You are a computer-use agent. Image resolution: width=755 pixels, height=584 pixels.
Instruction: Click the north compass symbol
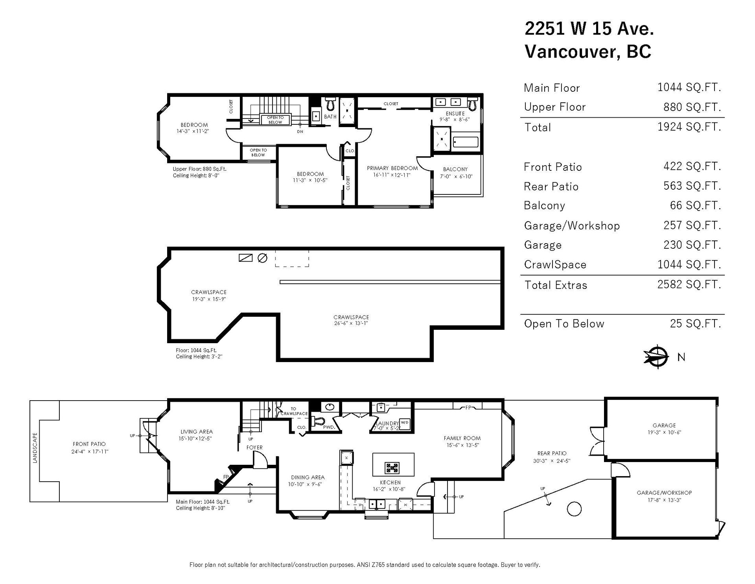656,357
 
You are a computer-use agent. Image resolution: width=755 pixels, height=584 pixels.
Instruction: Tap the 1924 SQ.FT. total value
689,127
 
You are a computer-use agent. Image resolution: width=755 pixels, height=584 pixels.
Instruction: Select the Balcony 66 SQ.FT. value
696,205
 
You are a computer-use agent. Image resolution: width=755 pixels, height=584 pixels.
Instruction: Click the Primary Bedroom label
392,168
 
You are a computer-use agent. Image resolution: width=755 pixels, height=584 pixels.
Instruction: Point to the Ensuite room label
455,113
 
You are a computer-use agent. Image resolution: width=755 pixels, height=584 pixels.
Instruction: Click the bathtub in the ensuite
466,142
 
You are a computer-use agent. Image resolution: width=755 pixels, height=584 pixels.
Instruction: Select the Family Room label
462,438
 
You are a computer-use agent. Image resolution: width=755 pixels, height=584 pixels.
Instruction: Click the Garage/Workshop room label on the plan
664,493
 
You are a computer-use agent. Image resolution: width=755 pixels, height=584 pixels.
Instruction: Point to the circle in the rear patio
575,509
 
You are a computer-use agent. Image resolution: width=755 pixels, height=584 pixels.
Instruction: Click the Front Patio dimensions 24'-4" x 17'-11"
90,451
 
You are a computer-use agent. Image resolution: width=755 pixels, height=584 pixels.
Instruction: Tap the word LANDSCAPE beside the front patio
35,448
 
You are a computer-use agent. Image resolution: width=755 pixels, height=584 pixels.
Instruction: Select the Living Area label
197,432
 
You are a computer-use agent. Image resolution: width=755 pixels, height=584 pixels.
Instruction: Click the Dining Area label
308,477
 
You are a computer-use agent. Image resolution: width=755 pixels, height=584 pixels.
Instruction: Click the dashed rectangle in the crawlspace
292,258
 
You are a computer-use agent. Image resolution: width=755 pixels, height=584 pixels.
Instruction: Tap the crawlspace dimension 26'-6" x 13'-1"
351,323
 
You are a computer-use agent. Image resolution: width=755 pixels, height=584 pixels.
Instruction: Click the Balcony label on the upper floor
455,169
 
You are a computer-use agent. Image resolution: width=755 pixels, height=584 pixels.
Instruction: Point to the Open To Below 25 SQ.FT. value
696,323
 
